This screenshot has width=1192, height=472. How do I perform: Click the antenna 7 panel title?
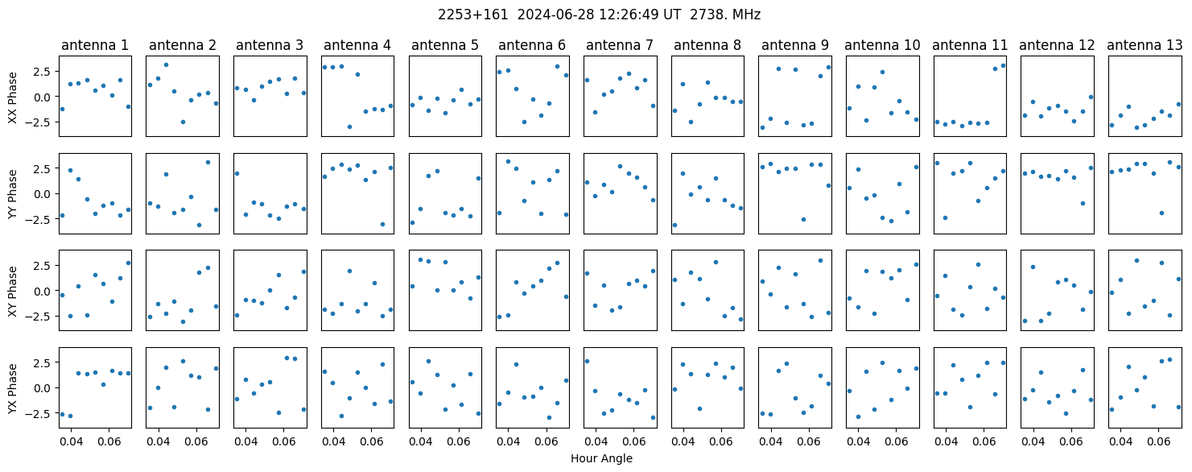[620, 45]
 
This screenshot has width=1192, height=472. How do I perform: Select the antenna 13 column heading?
[1145, 45]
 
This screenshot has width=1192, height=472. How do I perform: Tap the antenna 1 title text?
[95, 45]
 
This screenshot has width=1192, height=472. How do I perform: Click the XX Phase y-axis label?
[12, 97]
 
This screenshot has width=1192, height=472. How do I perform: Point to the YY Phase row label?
[12, 194]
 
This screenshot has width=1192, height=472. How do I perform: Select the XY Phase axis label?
[12, 292]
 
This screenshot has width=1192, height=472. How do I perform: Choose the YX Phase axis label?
[12, 388]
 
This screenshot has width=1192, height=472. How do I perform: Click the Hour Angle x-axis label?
[601, 458]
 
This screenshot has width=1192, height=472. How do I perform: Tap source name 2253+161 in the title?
[473, 15]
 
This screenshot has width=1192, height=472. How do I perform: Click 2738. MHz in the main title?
[725, 15]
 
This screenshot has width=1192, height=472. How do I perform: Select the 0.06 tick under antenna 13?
[1158, 441]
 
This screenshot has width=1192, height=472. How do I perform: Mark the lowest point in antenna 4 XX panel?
[349, 126]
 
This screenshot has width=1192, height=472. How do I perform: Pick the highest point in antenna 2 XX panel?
[166, 65]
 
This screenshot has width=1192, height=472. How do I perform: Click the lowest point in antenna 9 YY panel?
[803, 219]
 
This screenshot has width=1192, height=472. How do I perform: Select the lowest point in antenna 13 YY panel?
[1161, 213]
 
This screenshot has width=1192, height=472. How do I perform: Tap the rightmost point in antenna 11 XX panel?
[1003, 66]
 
